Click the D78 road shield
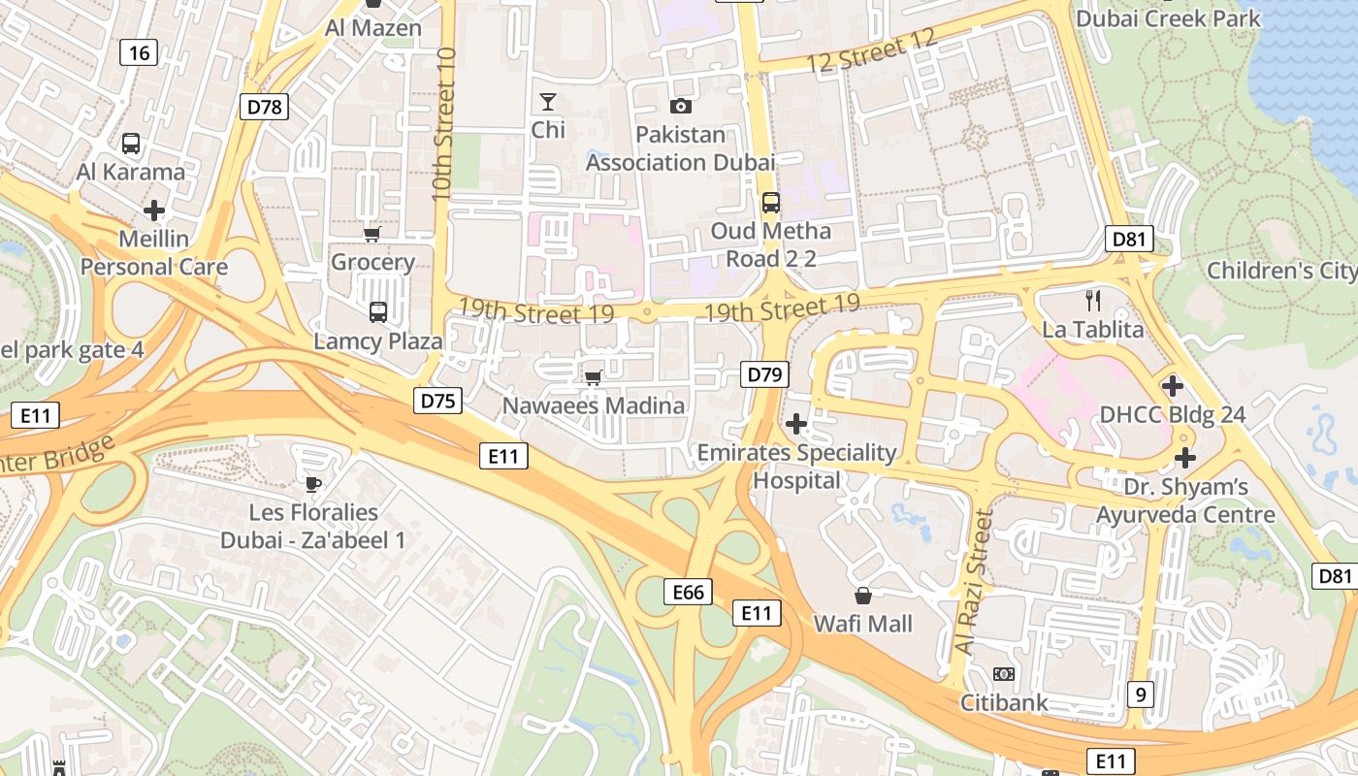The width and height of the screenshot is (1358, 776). tap(264, 107)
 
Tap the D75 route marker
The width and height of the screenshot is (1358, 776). tap(437, 401)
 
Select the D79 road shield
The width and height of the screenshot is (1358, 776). tap(764, 374)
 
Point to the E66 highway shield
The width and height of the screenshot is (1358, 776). tap(688, 592)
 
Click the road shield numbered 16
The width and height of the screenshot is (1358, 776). tap(139, 52)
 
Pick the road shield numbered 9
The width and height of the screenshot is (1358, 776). tap(1141, 694)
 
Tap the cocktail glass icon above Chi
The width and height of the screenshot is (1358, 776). tap(548, 102)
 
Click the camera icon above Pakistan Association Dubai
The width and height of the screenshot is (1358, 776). tap(681, 106)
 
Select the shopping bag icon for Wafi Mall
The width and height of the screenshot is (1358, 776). tap(862, 595)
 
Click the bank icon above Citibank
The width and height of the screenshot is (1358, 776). tap(1004, 673)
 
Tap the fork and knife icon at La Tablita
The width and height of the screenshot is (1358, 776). tap(1092, 300)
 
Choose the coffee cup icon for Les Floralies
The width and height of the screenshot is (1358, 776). tap(312, 483)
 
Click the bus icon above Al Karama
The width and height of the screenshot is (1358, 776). tap(131, 144)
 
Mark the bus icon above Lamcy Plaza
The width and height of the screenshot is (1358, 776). tap(377, 312)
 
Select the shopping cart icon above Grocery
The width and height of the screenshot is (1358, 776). tap(372, 234)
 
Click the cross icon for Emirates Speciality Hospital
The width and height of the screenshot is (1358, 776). tap(796, 424)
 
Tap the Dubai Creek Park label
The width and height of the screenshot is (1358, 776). tap(1168, 18)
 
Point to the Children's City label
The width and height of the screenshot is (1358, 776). tap(1280, 271)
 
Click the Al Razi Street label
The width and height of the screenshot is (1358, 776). tap(975, 582)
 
